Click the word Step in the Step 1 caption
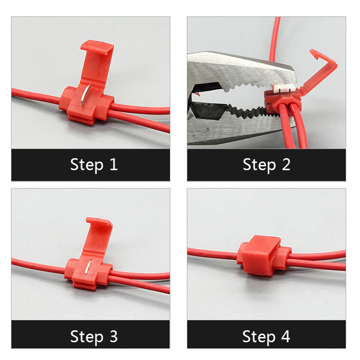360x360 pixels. pos(87,165)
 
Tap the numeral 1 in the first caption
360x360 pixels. pos(114,165)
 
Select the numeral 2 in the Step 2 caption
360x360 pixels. pos(286,165)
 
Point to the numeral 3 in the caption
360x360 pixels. pos(114,337)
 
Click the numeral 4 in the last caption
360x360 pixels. pos(286,337)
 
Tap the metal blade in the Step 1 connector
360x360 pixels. pos(86,95)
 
